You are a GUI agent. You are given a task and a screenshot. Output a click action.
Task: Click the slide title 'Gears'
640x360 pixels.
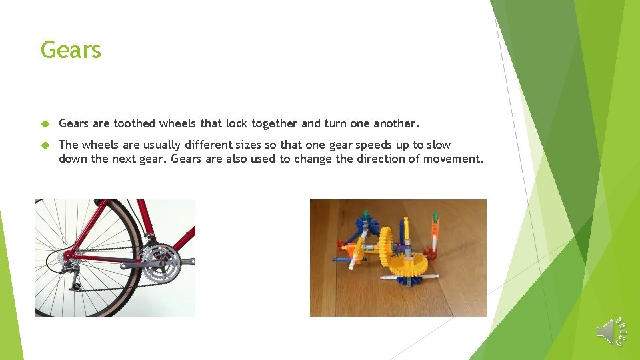click(x=71, y=50)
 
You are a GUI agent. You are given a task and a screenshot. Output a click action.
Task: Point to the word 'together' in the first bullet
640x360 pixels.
click(x=273, y=123)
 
